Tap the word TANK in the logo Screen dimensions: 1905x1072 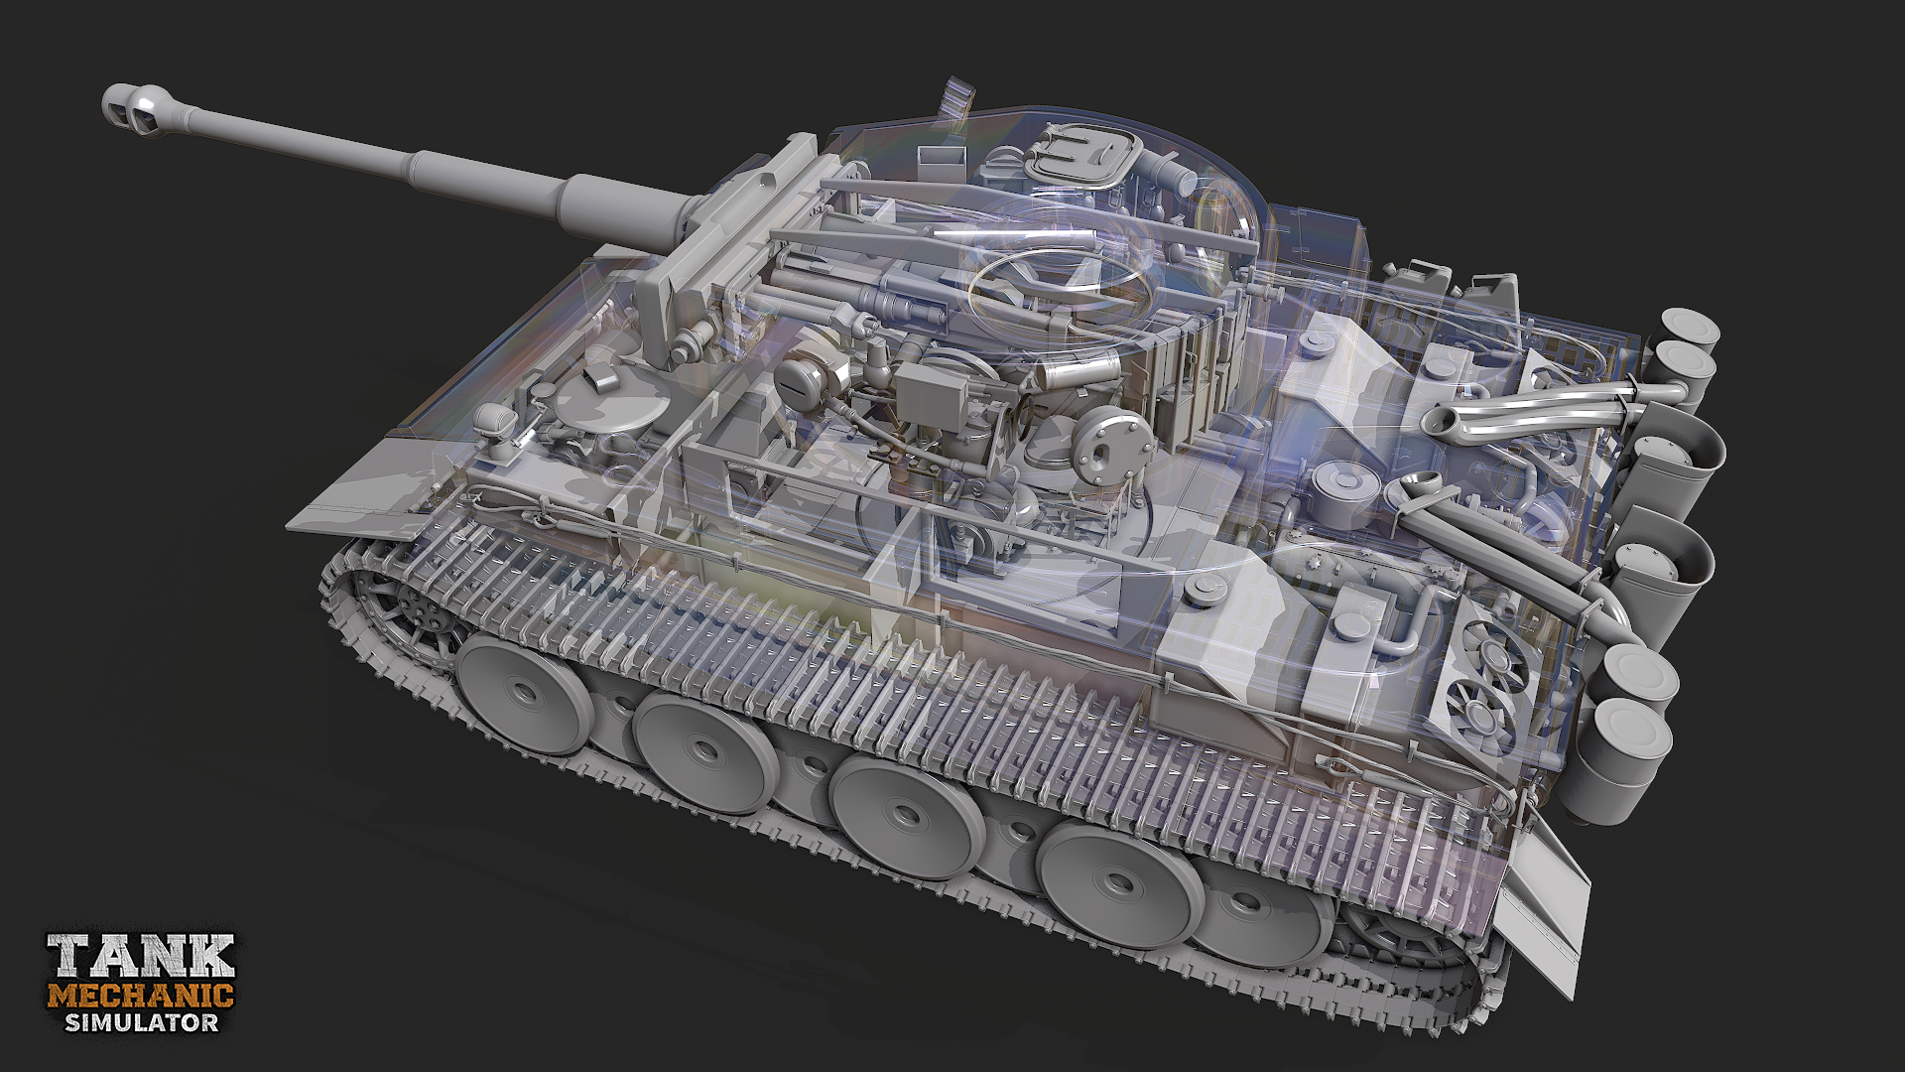(141, 957)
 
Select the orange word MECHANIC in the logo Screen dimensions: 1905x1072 (141, 995)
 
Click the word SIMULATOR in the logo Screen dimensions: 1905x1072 (141, 1021)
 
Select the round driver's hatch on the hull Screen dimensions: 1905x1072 (595, 407)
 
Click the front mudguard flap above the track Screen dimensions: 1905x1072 (357, 496)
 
